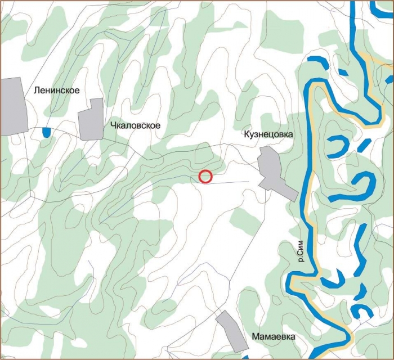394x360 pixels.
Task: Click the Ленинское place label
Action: pos(56,90)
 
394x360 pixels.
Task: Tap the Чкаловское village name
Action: pos(135,125)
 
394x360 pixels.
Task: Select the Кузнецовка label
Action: pos(268,135)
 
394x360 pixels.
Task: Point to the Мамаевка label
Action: pos(274,336)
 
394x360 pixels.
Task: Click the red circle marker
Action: pos(206,177)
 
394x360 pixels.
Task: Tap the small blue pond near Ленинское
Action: pos(46,132)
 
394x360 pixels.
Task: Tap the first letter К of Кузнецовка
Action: pos(246,135)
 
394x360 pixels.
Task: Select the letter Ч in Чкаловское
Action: pos(113,125)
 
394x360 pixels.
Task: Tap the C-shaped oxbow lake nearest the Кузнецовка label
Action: pos(338,146)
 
